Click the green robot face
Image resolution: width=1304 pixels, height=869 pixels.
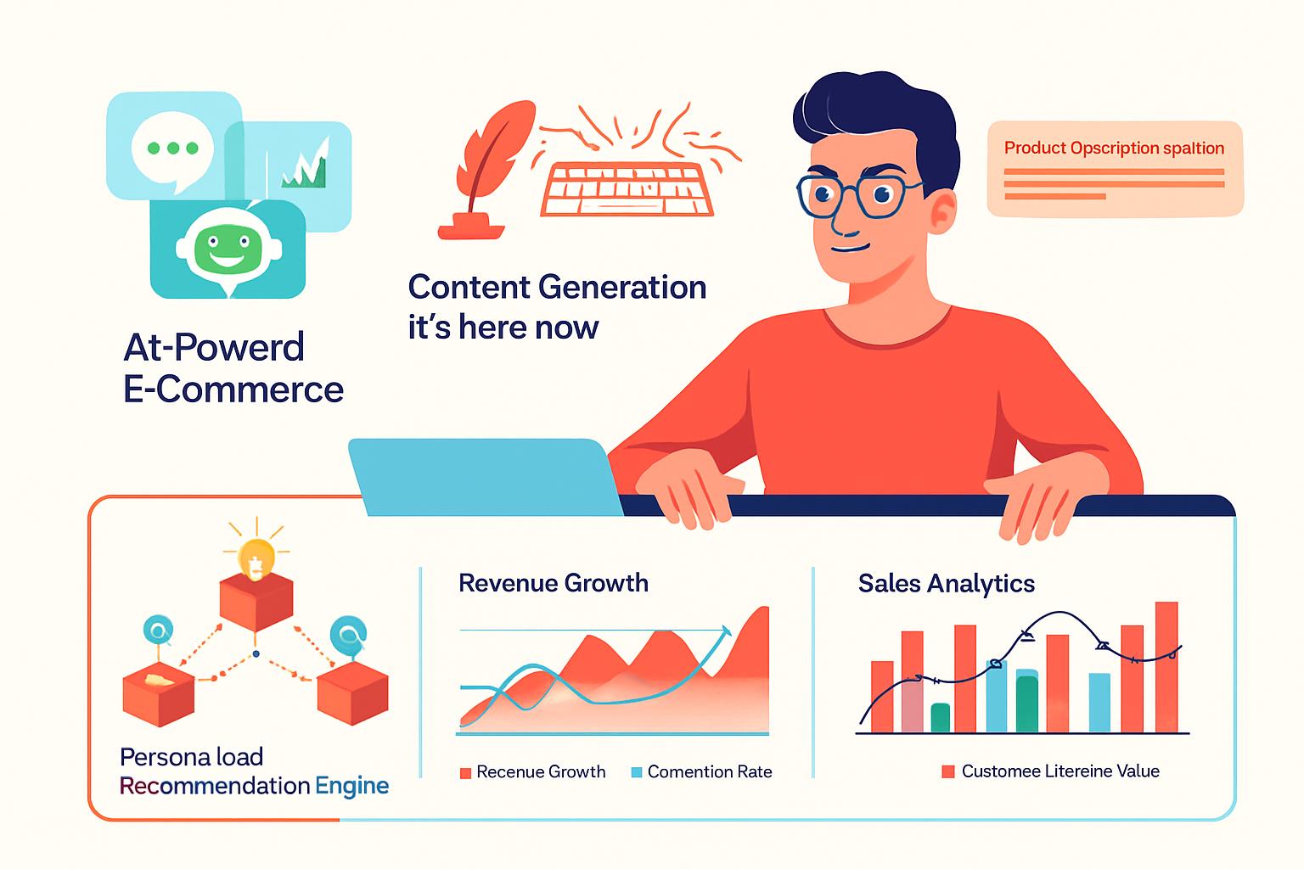227,247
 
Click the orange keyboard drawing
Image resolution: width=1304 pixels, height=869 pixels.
627,189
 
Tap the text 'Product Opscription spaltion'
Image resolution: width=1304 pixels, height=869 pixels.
1114,149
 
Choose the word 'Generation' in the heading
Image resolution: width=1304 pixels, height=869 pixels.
622,288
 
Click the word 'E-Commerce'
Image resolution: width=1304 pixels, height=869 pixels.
233,390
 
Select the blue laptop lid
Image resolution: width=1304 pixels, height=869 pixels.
485,477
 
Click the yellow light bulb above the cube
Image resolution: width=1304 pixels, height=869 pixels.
256,558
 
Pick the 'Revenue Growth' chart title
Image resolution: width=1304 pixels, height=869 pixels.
554,583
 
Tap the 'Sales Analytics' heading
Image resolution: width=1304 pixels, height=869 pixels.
947,584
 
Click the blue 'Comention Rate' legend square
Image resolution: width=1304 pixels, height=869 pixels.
636,772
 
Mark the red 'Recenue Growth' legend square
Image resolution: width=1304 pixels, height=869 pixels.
465,773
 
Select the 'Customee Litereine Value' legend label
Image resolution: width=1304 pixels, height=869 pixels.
1060,771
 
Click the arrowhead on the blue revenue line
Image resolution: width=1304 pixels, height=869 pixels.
726,631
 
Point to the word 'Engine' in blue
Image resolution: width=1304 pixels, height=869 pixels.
351,787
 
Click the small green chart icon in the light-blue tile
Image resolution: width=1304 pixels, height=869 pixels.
305,165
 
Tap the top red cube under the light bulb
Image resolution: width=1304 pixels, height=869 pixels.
256,602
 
